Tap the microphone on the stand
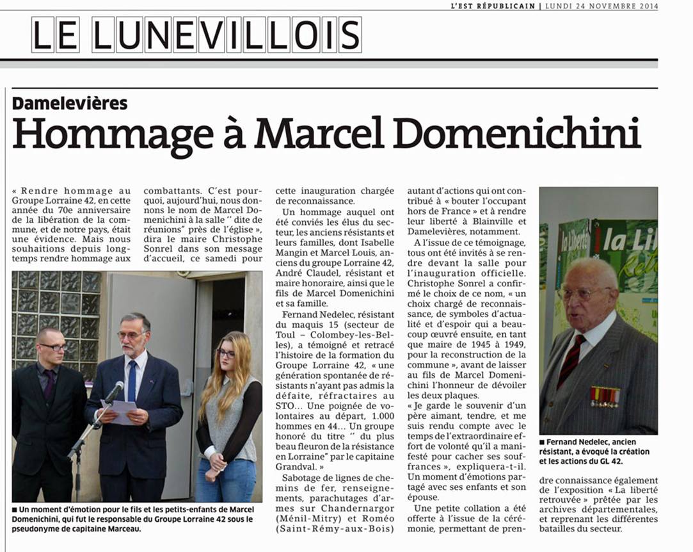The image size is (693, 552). click(x=115, y=391)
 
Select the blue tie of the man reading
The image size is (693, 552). click(x=132, y=380)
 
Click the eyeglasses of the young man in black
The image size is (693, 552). click(x=53, y=347)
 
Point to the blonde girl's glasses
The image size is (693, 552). click(x=226, y=353)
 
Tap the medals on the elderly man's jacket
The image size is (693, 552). click(x=604, y=396)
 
